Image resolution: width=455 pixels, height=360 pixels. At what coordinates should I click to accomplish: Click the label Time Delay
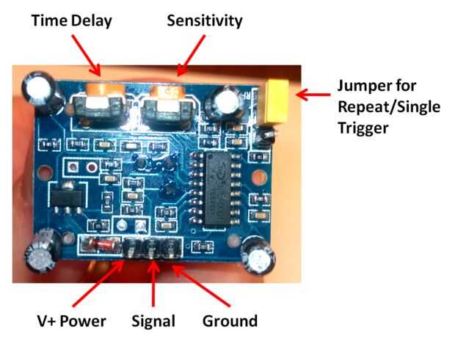[71, 21]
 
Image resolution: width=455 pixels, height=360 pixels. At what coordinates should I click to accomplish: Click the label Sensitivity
[204, 21]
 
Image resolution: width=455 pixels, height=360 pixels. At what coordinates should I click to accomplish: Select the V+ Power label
[72, 321]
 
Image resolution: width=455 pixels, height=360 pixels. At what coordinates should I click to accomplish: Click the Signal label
[153, 321]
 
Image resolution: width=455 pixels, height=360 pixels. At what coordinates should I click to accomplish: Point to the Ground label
[230, 321]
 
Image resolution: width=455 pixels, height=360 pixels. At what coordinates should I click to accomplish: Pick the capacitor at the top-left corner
[34, 89]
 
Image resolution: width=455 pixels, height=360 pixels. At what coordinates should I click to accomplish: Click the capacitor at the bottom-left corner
[38, 253]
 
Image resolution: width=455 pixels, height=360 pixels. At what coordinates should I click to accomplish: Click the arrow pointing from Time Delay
[86, 55]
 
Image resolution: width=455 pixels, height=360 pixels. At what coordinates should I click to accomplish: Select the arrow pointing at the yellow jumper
[312, 94]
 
